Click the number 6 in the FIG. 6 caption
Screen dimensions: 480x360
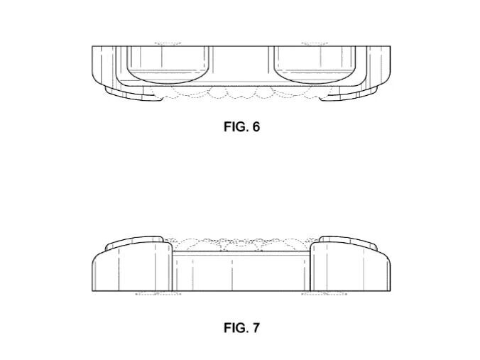pos(256,126)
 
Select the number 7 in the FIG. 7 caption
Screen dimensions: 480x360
pos(256,328)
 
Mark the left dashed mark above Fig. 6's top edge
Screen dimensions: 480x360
pos(168,44)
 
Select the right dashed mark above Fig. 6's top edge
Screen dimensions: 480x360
pos(315,44)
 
